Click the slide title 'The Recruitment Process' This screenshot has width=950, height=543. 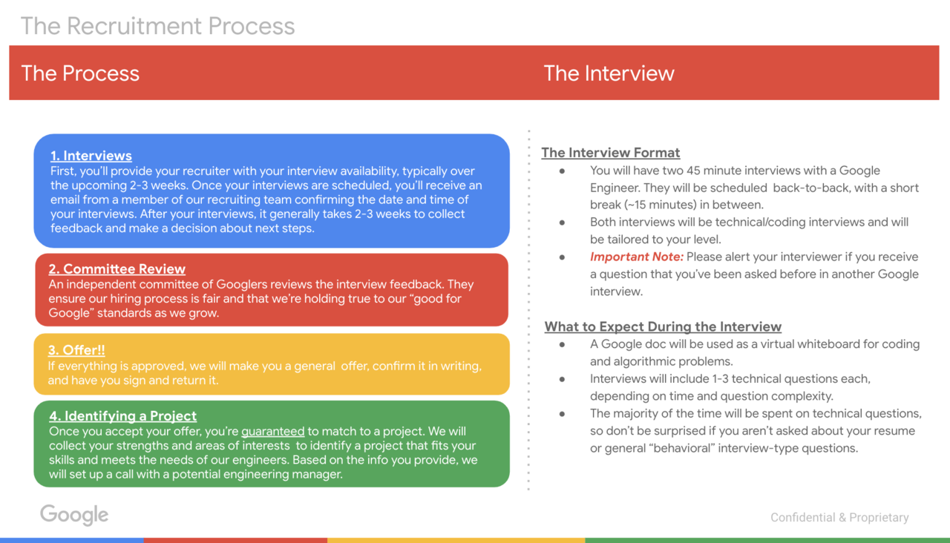click(x=158, y=26)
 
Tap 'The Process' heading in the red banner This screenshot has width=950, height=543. click(x=80, y=73)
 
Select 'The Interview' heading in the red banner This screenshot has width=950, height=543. click(x=609, y=73)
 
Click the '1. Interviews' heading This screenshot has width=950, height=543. click(x=91, y=156)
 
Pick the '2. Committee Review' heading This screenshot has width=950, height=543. click(x=117, y=269)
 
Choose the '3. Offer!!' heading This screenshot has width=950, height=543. click(x=76, y=350)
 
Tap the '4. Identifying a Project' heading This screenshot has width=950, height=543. click(x=123, y=416)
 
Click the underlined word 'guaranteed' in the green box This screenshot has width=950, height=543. click(x=272, y=432)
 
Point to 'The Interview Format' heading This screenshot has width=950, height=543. click(x=611, y=153)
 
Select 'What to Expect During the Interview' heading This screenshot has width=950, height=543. click(x=663, y=327)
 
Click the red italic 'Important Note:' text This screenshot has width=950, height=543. click(x=637, y=257)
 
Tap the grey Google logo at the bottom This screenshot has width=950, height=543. click(x=74, y=515)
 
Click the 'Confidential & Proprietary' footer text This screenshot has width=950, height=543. click(x=839, y=518)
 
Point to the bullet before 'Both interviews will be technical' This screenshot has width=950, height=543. click(x=562, y=223)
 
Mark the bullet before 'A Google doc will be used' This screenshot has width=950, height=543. click(x=562, y=345)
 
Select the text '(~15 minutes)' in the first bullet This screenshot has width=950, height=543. click(x=661, y=205)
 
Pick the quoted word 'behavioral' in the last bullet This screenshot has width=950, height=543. click(x=681, y=449)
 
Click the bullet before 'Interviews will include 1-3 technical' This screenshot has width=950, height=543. click(x=562, y=379)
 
